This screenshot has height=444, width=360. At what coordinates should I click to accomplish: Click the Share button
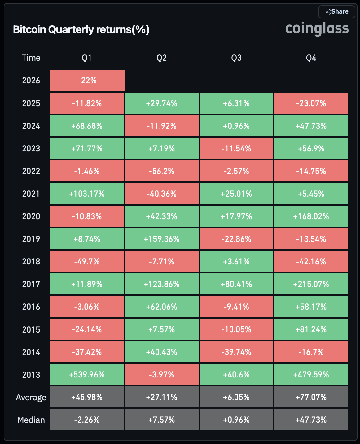[x=337, y=12]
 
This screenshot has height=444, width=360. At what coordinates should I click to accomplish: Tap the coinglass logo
[x=317, y=28]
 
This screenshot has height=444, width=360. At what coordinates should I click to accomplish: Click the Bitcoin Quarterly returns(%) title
[x=81, y=30]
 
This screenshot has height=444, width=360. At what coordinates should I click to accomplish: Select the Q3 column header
[x=236, y=58]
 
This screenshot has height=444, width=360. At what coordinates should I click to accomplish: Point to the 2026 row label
[x=31, y=81]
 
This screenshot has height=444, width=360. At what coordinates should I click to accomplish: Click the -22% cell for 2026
[x=87, y=81]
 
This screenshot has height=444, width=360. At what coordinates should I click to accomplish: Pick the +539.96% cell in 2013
[x=87, y=375]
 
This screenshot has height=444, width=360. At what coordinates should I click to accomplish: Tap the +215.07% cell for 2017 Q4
[x=311, y=284]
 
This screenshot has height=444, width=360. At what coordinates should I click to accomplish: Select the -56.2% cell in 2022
[x=161, y=171]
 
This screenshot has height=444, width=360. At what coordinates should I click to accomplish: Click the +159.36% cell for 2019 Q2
[x=161, y=239]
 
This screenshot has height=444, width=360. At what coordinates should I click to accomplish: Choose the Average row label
[x=31, y=398]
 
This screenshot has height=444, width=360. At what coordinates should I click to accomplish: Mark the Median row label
[x=31, y=420]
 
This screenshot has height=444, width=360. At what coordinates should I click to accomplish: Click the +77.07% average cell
[x=311, y=397]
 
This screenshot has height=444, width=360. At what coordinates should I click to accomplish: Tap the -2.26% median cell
[x=87, y=420]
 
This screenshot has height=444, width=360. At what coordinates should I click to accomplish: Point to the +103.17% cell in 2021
[x=87, y=194]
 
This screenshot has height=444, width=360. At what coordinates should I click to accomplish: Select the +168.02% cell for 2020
[x=311, y=216]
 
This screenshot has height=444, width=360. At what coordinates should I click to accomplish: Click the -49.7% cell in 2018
[x=87, y=262]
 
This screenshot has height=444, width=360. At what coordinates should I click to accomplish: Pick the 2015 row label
[x=31, y=329]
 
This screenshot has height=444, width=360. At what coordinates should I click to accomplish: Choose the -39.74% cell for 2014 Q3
[x=236, y=352]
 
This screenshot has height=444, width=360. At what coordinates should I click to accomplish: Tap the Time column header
[x=31, y=58]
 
